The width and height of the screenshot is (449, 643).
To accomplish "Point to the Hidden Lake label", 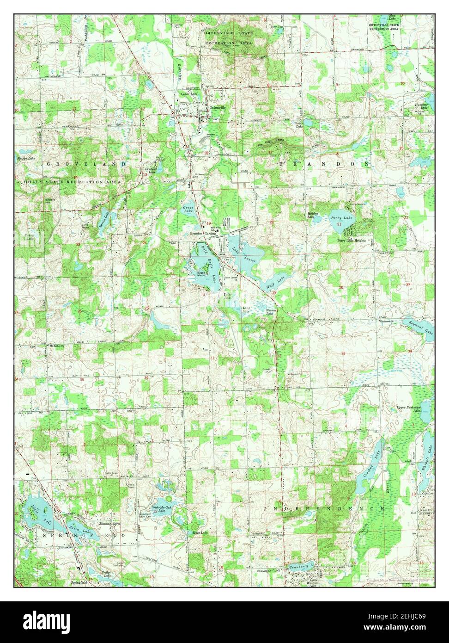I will [313, 215].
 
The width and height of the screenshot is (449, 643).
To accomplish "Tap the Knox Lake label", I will [200, 532].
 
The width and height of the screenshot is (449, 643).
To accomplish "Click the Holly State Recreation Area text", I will [73, 182].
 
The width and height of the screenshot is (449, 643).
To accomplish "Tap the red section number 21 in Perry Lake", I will [340, 224].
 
